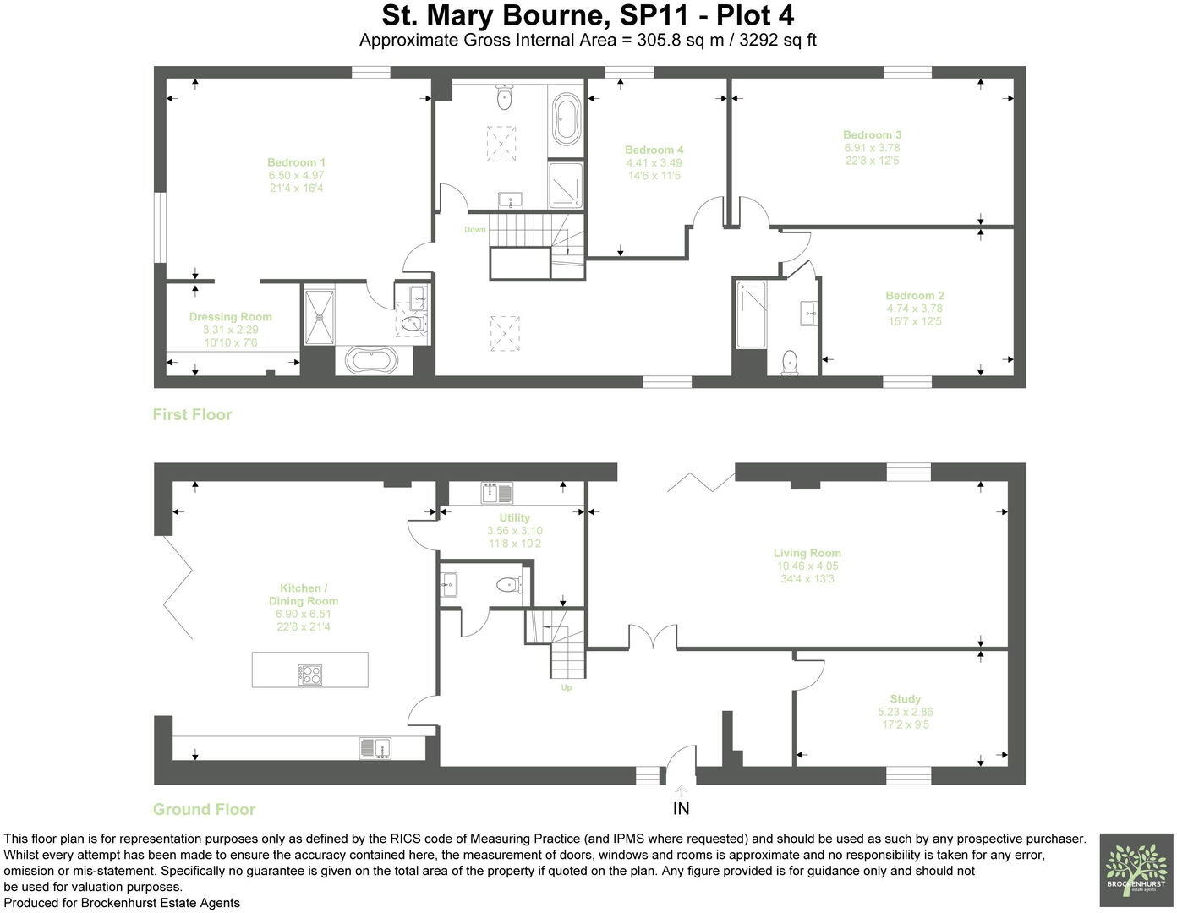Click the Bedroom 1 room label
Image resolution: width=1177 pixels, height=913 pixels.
(x=296, y=162)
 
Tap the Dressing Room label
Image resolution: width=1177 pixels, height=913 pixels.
(x=230, y=317)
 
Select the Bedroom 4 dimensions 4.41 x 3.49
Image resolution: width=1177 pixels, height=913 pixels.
(x=654, y=163)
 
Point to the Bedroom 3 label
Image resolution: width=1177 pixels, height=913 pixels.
(x=872, y=134)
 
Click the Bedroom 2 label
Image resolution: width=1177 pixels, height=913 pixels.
(x=915, y=296)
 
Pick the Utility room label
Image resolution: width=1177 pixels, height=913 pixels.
(x=514, y=517)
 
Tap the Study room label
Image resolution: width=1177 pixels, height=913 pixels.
(x=905, y=699)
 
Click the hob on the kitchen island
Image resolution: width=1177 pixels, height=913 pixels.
(x=310, y=674)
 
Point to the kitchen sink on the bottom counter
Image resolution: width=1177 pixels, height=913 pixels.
(x=375, y=746)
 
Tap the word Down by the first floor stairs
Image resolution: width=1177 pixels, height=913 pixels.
(x=475, y=230)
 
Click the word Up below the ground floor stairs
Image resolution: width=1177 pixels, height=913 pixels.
(x=567, y=688)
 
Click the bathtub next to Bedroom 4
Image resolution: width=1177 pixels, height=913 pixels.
(x=566, y=119)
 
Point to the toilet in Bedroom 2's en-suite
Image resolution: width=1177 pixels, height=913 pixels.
(x=790, y=362)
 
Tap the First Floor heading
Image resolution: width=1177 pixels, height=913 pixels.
(x=192, y=414)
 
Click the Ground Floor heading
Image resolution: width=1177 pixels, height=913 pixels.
(x=204, y=809)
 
